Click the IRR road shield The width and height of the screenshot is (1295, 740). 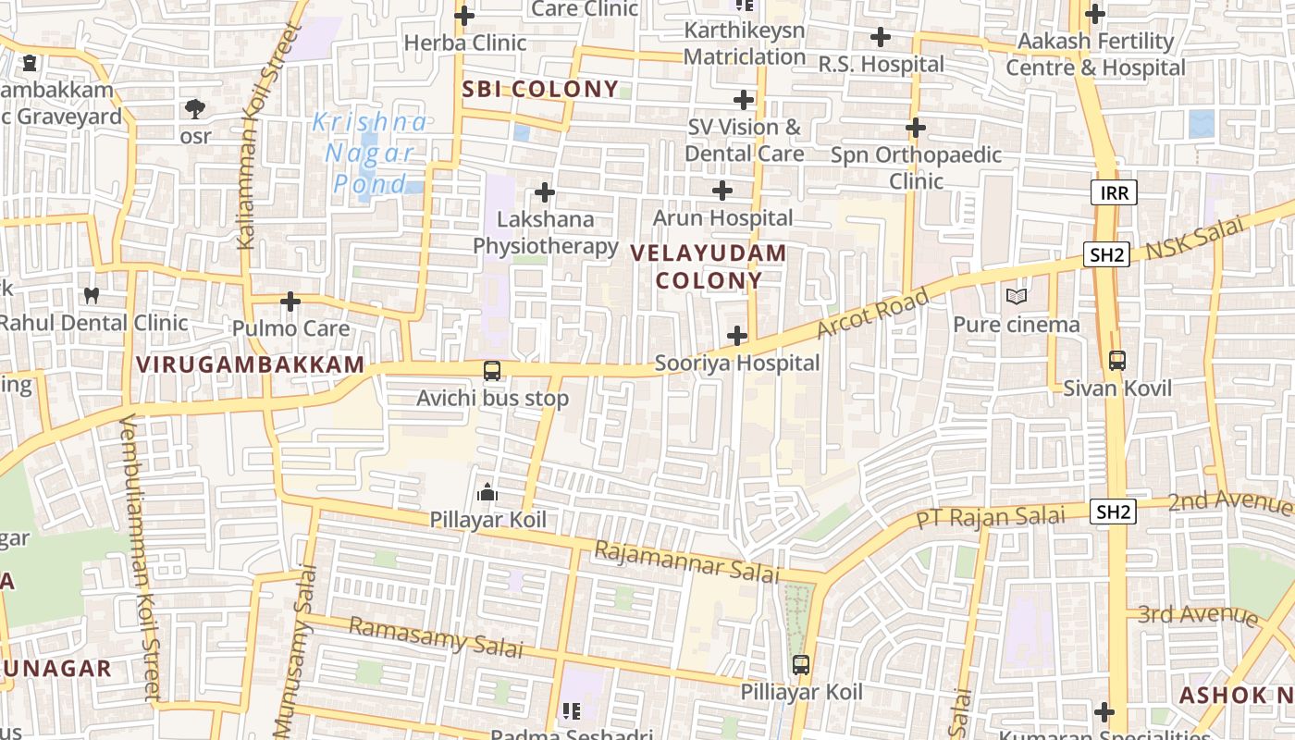point(1114,192)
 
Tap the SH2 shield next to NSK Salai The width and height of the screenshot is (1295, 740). point(1107,254)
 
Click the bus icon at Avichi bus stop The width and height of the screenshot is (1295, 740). point(492,371)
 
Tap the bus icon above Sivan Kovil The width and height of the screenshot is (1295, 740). point(1117,360)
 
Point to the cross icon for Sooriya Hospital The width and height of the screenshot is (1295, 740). point(737,335)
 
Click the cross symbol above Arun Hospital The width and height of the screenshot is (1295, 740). point(722,191)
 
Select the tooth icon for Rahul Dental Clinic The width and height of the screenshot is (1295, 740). point(91,296)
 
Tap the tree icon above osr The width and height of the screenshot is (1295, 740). point(194,108)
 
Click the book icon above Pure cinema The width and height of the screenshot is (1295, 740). point(1017,297)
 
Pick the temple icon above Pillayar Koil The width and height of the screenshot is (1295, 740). point(487,492)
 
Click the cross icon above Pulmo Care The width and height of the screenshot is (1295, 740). point(290,302)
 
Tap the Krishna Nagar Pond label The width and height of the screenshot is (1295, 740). point(370,153)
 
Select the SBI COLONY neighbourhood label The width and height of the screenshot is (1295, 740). point(540,89)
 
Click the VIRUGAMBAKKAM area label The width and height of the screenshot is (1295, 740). point(251,364)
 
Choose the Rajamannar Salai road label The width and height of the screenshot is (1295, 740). point(686,561)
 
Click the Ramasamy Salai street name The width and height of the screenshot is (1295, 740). point(435,637)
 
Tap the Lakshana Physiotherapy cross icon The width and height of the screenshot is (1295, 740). point(545,192)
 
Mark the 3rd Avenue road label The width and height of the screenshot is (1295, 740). point(1198,614)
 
